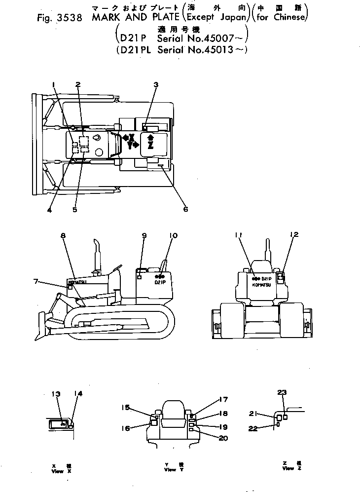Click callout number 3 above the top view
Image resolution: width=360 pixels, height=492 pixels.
[155, 85]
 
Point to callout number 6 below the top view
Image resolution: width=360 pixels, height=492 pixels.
[185, 209]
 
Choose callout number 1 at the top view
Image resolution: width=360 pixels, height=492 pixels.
[54, 84]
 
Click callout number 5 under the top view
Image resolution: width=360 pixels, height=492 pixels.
[74, 209]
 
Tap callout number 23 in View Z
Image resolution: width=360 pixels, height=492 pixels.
[282, 392]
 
